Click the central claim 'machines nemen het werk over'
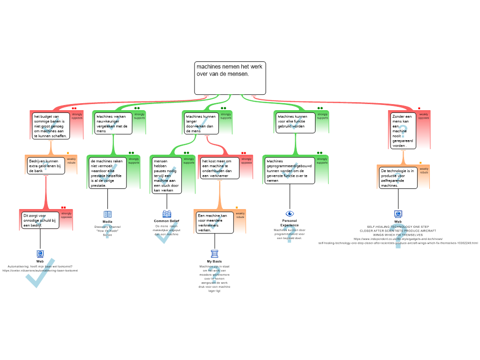(230, 78)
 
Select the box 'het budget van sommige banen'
(51, 126)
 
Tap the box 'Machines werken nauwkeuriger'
(113, 123)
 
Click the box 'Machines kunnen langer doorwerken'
(200, 123)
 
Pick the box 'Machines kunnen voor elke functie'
(295, 122)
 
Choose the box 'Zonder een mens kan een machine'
(402, 130)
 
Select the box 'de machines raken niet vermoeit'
(108, 173)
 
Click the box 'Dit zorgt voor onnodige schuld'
(41, 220)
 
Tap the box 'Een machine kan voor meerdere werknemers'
(214, 223)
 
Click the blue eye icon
(290, 214)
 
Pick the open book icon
(108, 214)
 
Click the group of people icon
(167, 214)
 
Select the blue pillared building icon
(214, 254)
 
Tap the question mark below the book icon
(107, 231)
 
